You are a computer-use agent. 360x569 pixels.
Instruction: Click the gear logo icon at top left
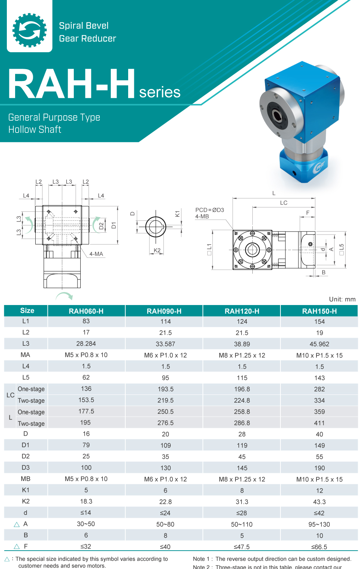30,30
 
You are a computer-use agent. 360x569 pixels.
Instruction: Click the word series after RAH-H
159,92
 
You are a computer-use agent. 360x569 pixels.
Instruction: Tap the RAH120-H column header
242,311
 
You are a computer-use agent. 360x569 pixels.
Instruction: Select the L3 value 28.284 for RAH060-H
86,344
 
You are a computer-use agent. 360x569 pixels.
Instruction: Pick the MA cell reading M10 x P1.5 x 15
319,355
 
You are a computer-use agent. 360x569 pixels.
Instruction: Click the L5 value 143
319,378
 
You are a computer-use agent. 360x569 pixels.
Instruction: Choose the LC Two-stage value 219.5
165,400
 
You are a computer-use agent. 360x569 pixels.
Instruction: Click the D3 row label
26,467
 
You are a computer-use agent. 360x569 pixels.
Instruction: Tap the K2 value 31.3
242,502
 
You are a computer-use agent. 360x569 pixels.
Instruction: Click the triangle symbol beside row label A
17,524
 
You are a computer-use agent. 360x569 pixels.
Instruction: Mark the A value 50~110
242,524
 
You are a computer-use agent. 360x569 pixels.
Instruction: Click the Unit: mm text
342,299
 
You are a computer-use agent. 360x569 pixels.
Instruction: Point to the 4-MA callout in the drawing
96,254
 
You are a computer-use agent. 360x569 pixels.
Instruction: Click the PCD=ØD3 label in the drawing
210,210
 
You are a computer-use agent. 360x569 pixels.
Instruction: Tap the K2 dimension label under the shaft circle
157,250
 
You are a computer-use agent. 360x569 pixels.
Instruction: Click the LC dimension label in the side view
284,203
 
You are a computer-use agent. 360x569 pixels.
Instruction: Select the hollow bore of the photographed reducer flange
277,116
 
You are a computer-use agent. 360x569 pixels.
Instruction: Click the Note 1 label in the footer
202,559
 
